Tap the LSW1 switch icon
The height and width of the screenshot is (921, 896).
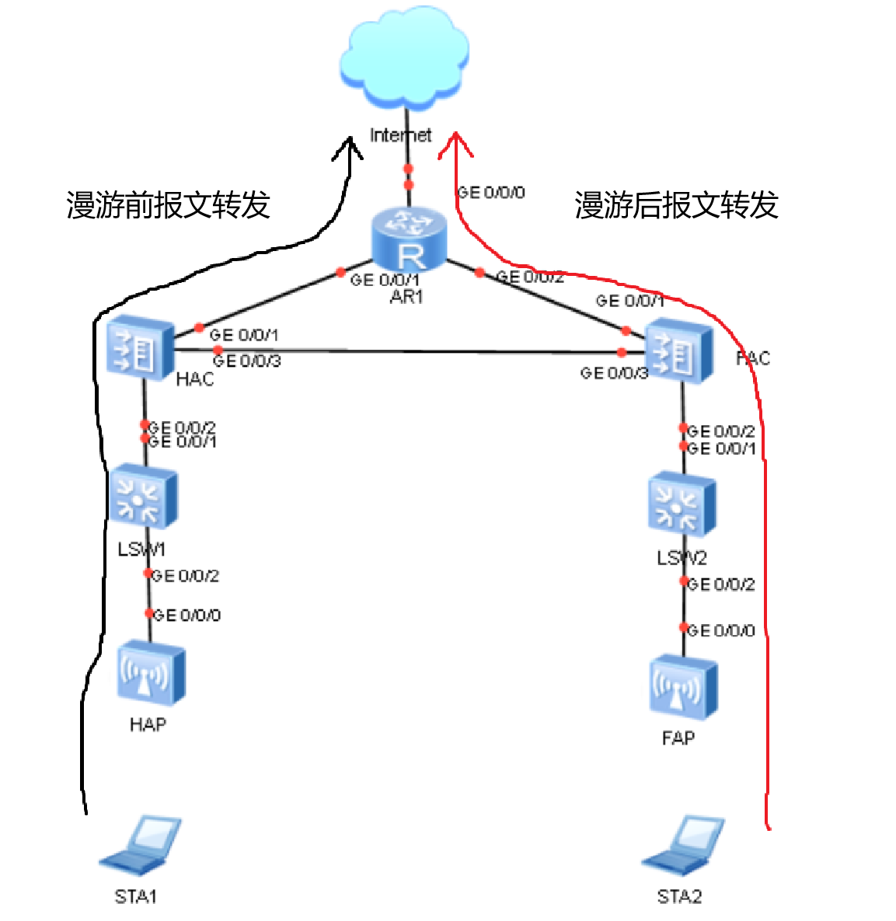click(143, 497)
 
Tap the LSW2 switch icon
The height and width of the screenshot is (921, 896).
click(682, 506)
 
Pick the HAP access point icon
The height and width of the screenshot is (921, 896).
click(151, 673)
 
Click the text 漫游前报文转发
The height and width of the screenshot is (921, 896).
click(168, 205)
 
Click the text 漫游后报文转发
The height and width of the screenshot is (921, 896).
click(676, 205)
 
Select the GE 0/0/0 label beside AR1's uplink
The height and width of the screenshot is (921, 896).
click(491, 192)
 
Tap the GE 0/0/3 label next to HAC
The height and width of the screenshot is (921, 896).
click(246, 361)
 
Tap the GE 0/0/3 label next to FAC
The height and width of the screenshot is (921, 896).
click(614, 374)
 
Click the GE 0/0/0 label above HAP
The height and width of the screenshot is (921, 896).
click(187, 616)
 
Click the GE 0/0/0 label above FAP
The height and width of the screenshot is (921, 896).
click(720, 630)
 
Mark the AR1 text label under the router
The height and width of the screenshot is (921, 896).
click(406, 296)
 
